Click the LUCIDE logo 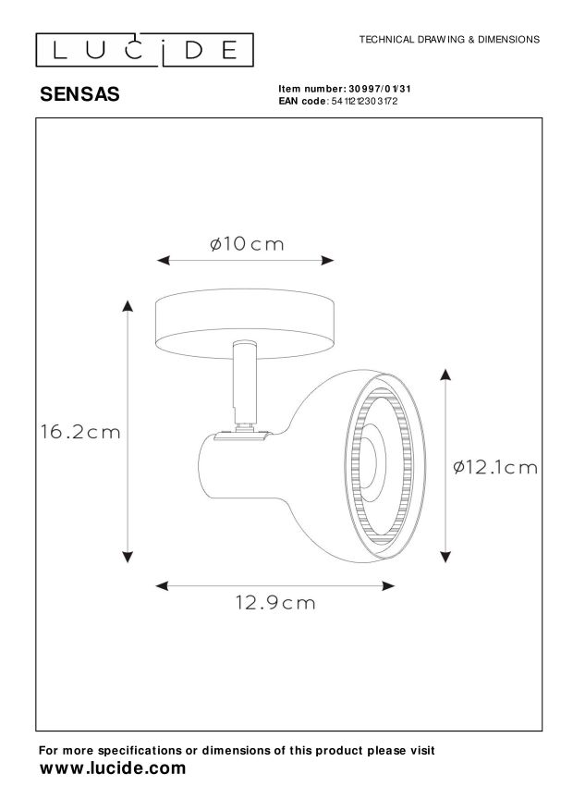point(144,50)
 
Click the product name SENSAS point(79,94)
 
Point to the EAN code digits point(364,102)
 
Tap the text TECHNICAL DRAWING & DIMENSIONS point(449,40)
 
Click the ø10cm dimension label point(247,243)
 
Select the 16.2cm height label point(80,432)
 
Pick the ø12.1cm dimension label point(495,468)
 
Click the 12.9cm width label point(275,603)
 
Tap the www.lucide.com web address point(113,768)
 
